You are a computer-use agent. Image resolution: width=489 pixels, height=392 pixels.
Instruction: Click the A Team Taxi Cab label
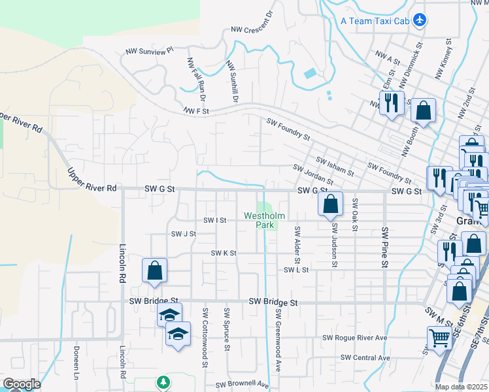[x=375, y=21]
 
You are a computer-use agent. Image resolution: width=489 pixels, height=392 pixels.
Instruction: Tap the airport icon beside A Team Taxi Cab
[x=419, y=20]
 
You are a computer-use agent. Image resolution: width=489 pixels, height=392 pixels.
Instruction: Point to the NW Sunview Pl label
[x=149, y=50]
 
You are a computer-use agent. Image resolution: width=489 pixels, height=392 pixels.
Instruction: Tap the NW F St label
[x=195, y=111]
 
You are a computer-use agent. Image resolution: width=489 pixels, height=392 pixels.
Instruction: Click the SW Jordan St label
[x=313, y=174]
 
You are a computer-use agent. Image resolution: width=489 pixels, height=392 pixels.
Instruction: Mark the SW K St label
[x=223, y=253]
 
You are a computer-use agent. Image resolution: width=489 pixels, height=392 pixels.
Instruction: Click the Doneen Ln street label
[x=76, y=363]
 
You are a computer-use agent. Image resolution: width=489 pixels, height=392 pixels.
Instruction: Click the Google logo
[x=21, y=384]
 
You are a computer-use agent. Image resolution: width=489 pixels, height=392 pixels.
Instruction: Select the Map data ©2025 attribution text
[x=461, y=387]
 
